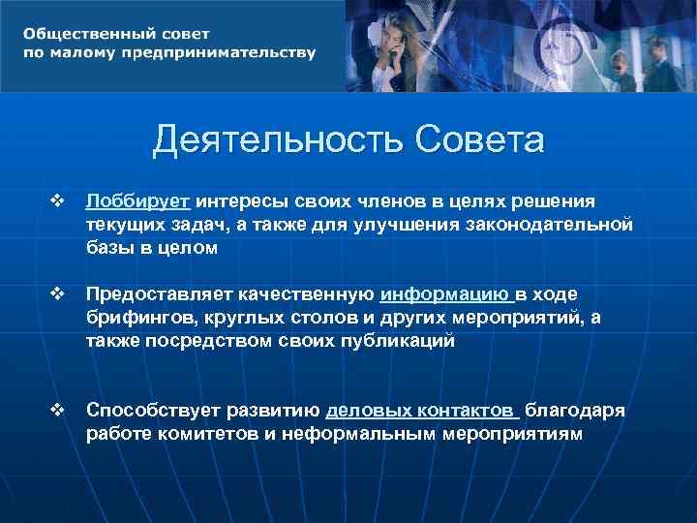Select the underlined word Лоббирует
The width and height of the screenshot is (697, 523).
click(x=137, y=200)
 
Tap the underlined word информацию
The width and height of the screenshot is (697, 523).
click(x=445, y=294)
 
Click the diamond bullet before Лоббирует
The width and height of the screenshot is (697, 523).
click(x=56, y=200)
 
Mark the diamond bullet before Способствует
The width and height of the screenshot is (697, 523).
click(x=56, y=411)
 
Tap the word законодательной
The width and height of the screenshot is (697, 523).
click(x=551, y=224)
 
